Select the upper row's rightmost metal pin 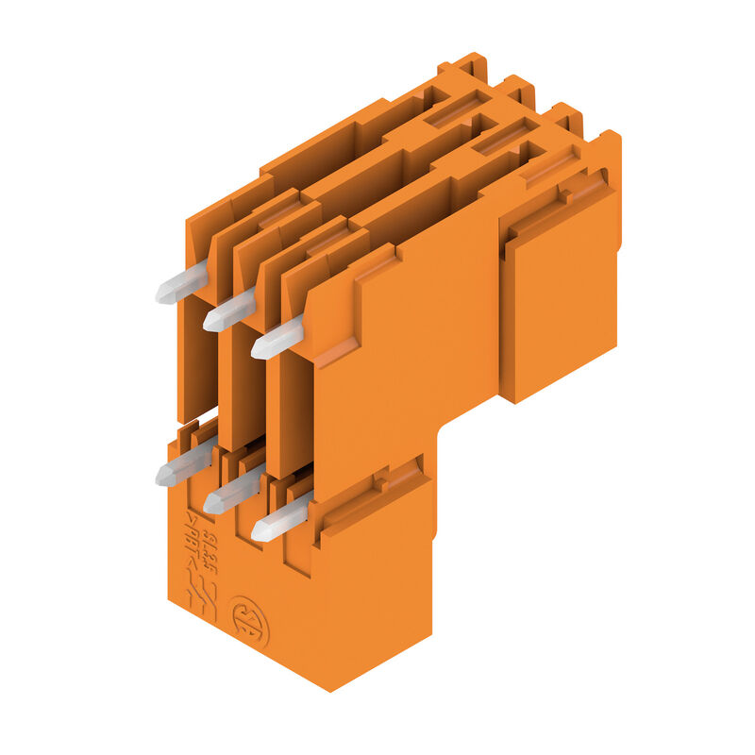point(277,339)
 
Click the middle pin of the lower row point(229,492)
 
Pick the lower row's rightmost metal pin point(277,520)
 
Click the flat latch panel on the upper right point(562,302)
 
